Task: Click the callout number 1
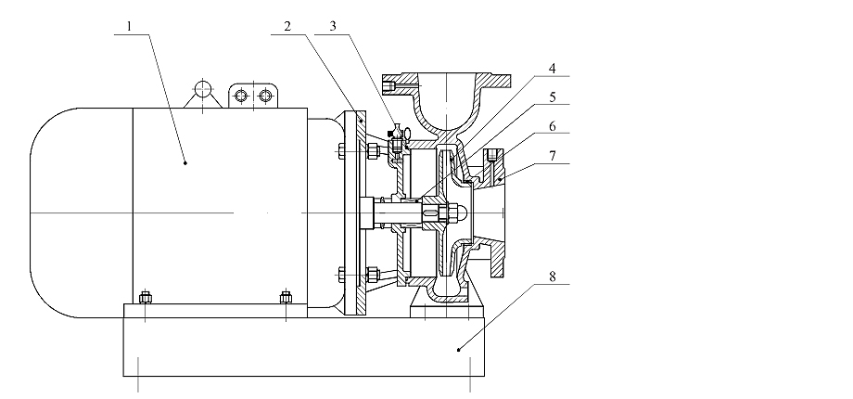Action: point(131,27)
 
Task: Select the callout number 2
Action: point(289,27)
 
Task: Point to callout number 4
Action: point(554,68)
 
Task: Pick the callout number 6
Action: point(554,125)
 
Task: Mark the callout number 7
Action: point(554,156)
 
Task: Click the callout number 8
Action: point(554,276)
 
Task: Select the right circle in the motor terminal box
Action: point(266,95)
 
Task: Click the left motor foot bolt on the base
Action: point(145,298)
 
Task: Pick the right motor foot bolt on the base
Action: point(286,298)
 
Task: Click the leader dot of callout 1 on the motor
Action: point(185,162)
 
